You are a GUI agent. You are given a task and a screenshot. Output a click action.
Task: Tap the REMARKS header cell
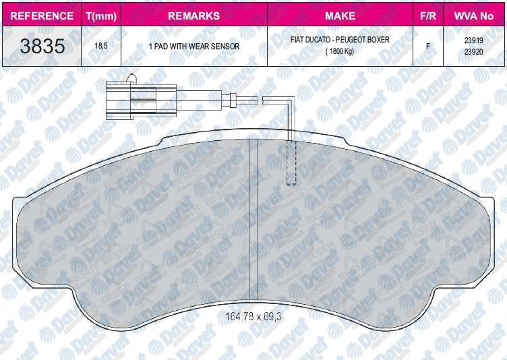[193, 15]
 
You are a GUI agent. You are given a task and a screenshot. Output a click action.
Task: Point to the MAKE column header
[340, 15]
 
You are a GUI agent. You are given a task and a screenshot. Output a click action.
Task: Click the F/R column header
[427, 15]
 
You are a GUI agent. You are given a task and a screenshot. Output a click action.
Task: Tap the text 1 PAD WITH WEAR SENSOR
[193, 47]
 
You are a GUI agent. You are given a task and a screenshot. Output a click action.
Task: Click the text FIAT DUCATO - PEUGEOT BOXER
[340, 40]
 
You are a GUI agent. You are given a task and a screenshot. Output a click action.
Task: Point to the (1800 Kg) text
[340, 51]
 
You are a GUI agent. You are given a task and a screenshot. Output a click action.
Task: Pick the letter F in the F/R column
[427, 47]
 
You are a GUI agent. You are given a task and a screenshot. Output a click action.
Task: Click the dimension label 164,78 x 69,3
[252, 316]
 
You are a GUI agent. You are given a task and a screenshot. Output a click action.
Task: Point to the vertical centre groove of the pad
[254, 222]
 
